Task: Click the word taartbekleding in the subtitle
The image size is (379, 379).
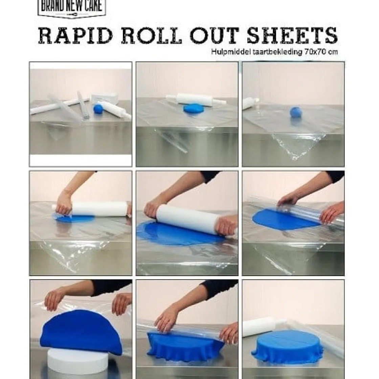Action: point(272,52)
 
